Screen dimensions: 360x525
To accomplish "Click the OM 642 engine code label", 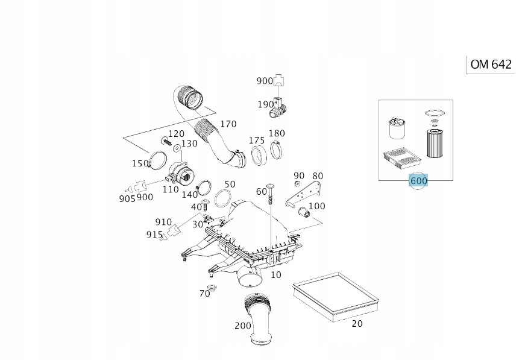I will (x=491, y=65).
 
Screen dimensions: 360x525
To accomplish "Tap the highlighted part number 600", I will (x=418, y=180).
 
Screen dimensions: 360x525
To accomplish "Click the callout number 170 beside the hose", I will (x=228, y=124).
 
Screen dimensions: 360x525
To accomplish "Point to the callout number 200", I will (x=243, y=326).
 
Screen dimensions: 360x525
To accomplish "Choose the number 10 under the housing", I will (x=275, y=274).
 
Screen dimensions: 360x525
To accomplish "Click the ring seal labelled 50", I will (x=223, y=198).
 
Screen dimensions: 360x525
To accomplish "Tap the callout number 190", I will (x=266, y=104).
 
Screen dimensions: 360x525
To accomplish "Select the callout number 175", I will (x=257, y=141).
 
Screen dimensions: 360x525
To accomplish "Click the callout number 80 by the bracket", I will (x=318, y=176).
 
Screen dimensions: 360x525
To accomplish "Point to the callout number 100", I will (x=316, y=206).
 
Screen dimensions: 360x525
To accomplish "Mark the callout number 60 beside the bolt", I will (x=261, y=191).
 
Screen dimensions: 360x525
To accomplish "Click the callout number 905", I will (x=127, y=198).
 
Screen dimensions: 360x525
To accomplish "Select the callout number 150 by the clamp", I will (x=140, y=163).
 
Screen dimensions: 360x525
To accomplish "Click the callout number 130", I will (x=189, y=144).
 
